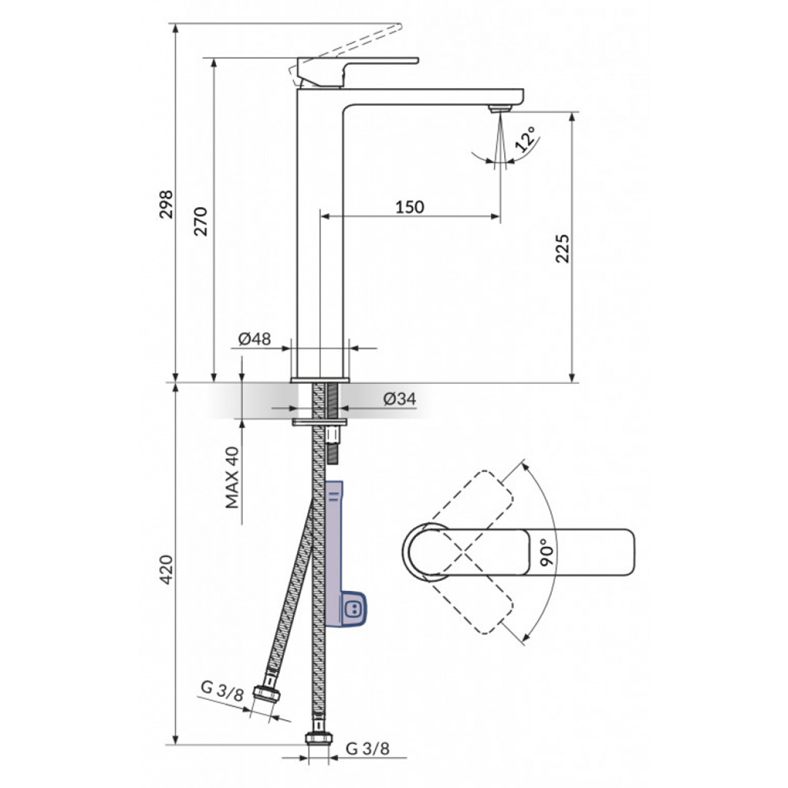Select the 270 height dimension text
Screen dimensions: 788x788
pos(201,221)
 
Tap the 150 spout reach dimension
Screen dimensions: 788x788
pos(409,207)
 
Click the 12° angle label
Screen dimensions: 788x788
pos(525,139)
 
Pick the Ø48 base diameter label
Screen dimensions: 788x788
pos(255,339)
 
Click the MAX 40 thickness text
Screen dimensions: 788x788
pos(232,479)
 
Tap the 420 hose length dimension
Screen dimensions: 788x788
pos(166,569)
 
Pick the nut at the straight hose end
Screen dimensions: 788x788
pos(318,738)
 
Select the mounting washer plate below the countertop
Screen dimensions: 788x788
pos(320,422)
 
